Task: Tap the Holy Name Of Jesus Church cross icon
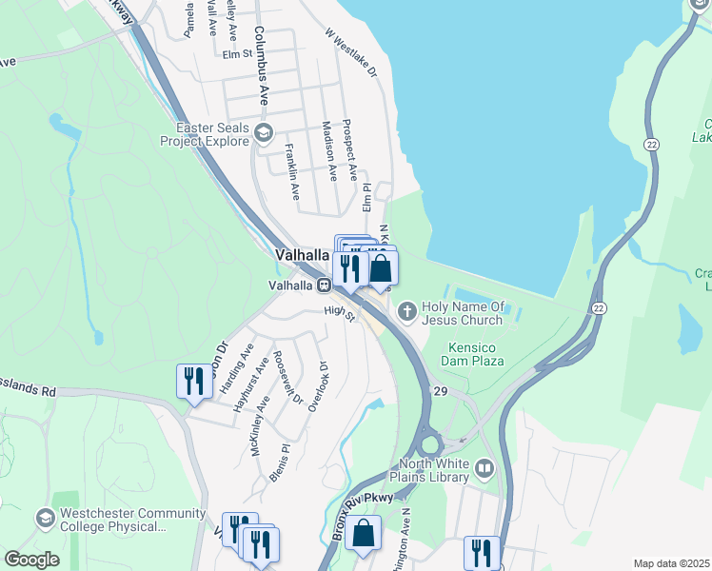click(406, 309)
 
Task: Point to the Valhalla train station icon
click(325, 285)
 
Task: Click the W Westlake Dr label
click(351, 51)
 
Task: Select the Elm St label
click(236, 54)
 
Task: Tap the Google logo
click(31, 560)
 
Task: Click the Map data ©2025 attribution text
click(671, 563)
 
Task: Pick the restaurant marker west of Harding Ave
click(194, 381)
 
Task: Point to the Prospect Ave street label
click(349, 148)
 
